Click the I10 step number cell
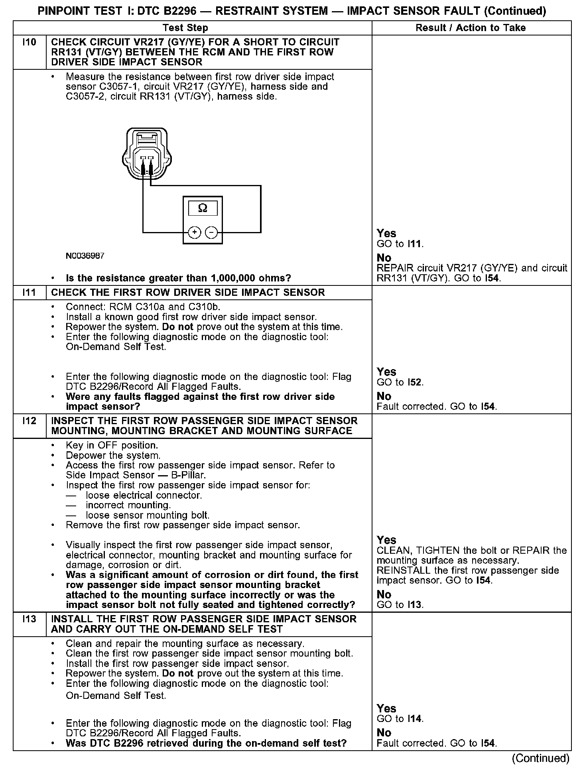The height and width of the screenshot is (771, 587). pos(30,42)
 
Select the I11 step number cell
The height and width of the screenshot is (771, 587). pos(30,293)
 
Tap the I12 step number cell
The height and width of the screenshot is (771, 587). pos(30,421)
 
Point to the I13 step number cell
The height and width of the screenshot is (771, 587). pos(30,619)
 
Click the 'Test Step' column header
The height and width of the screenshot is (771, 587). pos(185,28)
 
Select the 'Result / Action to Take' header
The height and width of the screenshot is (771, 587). pos(471,28)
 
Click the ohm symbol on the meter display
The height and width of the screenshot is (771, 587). pos(203,208)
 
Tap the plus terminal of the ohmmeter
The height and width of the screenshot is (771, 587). pos(194,232)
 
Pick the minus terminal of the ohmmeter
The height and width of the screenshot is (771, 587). pos(211,232)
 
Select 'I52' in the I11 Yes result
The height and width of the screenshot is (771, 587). pos(415,382)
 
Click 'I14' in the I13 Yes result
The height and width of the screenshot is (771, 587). pos(415,719)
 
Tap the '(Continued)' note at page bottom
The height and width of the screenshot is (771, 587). pos(540,758)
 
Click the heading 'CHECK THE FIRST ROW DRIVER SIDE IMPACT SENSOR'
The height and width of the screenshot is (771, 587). pos(188,293)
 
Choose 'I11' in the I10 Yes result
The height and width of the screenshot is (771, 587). pos(415,244)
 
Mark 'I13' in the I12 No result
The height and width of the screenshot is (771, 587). pos(415,604)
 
